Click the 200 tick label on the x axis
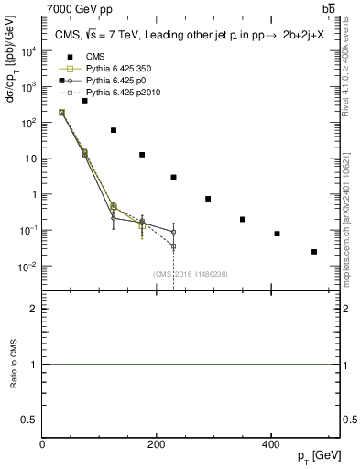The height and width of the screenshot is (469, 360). (157, 444)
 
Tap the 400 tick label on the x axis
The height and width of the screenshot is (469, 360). (270, 444)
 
